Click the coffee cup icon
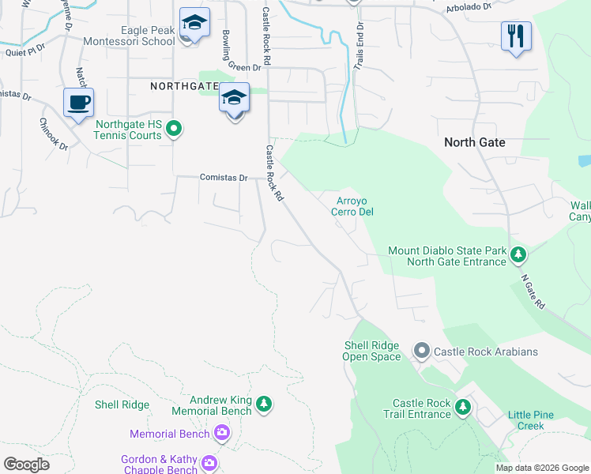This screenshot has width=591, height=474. (78, 103)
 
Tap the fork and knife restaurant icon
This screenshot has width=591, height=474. (515, 36)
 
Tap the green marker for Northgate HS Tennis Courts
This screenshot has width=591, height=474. (175, 128)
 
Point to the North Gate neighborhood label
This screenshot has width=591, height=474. (474, 142)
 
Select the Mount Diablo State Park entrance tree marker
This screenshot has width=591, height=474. (518, 254)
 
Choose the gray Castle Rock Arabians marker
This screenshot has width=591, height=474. (421, 350)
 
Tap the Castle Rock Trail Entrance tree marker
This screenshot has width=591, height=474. (462, 408)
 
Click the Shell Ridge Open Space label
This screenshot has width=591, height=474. (371, 351)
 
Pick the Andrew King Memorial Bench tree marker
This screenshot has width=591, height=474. (264, 404)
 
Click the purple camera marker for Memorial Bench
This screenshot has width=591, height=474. (222, 432)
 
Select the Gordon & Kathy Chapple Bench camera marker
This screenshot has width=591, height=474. (209, 463)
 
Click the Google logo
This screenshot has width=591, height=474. (26, 465)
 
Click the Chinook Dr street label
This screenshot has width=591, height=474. (55, 135)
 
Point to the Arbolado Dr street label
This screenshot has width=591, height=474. (469, 6)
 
